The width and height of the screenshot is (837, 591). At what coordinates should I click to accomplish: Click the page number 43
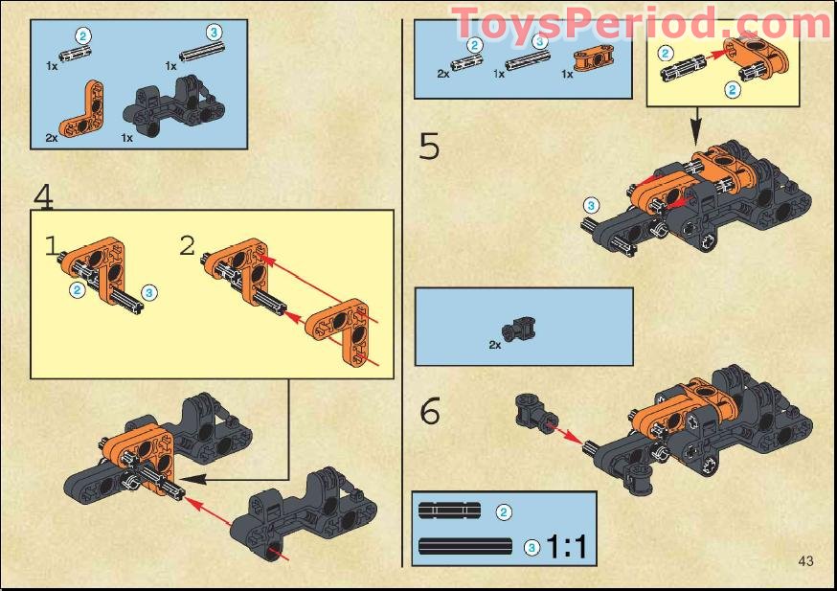point(804,560)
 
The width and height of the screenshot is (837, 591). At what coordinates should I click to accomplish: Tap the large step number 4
point(43,195)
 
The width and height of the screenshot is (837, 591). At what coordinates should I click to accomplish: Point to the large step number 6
point(430,411)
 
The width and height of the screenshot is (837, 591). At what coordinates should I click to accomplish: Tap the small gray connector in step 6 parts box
point(523,327)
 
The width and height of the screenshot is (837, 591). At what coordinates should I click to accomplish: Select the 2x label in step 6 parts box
point(495,344)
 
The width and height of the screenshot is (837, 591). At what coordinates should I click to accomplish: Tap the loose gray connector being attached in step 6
point(532,413)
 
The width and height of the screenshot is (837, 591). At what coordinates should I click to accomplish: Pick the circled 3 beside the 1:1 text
point(532,548)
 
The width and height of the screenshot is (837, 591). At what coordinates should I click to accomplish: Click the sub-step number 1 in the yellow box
point(52,245)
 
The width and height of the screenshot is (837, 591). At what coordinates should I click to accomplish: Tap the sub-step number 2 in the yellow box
point(187,245)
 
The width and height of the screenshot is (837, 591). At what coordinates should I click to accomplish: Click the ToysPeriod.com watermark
point(642,22)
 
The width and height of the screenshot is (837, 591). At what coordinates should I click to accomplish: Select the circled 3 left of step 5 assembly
point(591,205)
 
